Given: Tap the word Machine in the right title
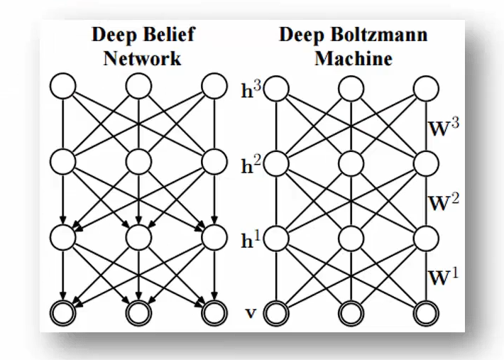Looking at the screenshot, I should (x=353, y=58).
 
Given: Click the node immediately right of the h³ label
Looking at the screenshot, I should (x=278, y=89).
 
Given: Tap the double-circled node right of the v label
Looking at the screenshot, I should (x=278, y=312).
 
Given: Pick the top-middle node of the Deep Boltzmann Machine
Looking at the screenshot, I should (x=352, y=89).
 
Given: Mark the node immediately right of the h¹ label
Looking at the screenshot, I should (x=278, y=236).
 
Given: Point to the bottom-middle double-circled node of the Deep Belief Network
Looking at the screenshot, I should (x=138, y=312).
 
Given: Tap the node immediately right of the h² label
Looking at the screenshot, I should (x=278, y=163).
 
